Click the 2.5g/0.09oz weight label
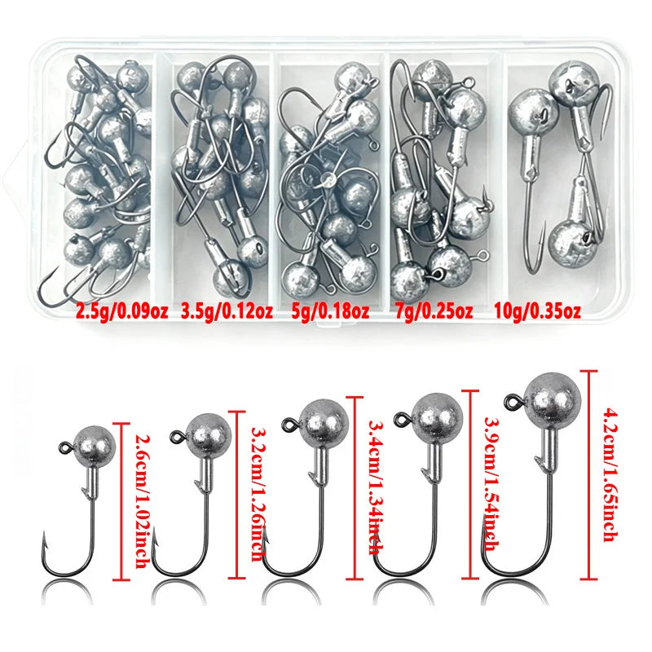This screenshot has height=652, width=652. [121, 311]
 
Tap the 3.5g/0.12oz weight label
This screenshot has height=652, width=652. [227, 311]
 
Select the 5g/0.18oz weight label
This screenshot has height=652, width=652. [331, 311]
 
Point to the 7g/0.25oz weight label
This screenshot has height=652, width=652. [434, 311]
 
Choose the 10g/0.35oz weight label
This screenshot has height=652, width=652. [537, 311]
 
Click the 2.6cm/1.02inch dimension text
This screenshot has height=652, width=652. [142, 501]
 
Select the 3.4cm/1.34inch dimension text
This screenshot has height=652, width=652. [376, 487]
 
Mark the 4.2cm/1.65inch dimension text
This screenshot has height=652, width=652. [610, 474]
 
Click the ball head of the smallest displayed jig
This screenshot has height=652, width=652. [95, 445]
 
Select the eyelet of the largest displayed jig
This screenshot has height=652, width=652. [512, 402]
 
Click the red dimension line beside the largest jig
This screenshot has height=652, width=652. [588, 474]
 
